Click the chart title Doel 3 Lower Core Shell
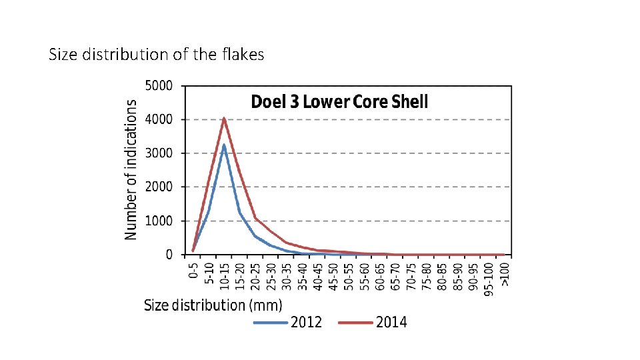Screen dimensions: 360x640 pyautogui.click(x=339, y=102)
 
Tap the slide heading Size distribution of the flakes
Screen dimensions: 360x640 pyautogui.click(x=157, y=55)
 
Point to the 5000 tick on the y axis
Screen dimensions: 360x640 pyautogui.click(x=159, y=86)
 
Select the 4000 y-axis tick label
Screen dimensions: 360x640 pyautogui.click(x=159, y=120)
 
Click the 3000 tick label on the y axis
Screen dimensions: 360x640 pyautogui.click(x=159, y=153)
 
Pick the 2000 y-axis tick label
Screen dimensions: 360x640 pyautogui.click(x=159, y=187)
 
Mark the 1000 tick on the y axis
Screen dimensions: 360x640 pyautogui.click(x=159, y=221)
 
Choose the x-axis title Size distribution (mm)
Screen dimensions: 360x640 pyautogui.click(x=213, y=305)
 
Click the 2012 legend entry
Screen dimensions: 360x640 pyautogui.click(x=287, y=323)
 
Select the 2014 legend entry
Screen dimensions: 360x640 pyautogui.click(x=373, y=323)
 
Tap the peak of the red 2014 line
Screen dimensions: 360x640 pyautogui.click(x=224, y=119)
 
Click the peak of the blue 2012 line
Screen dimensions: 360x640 pyautogui.click(x=224, y=145)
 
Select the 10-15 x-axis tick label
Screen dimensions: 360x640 pyautogui.click(x=224, y=274)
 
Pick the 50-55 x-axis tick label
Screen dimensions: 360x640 pyautogui.click(x=349, y=274)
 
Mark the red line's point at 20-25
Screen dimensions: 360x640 pyautogui.click(x=255, y=217)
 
